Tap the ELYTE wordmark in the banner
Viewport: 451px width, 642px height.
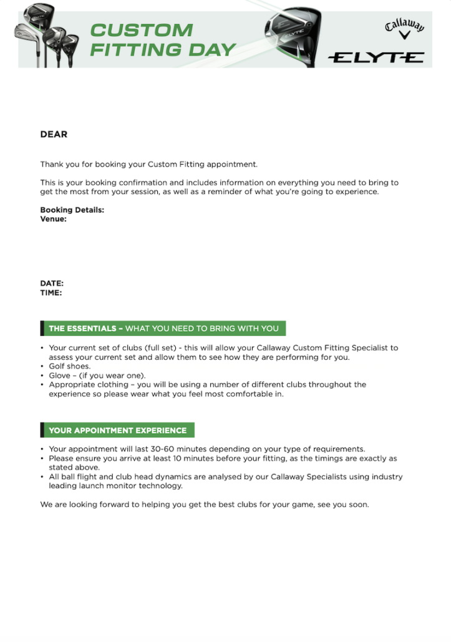pos(376,57)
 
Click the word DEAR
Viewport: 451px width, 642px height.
pos(54,134)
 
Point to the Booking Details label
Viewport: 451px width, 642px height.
pos(72,210)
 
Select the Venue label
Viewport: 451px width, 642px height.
pos(53,219)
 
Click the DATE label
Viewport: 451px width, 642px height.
pos(52,284)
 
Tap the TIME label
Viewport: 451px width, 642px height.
pos(51,292)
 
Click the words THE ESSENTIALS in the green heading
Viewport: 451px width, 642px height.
pos(82,328)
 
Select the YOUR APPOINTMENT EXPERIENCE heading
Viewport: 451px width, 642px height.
pos(117,430)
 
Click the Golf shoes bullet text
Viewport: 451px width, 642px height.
pos(70,367)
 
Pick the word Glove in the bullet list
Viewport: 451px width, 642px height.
pos(60,375)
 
